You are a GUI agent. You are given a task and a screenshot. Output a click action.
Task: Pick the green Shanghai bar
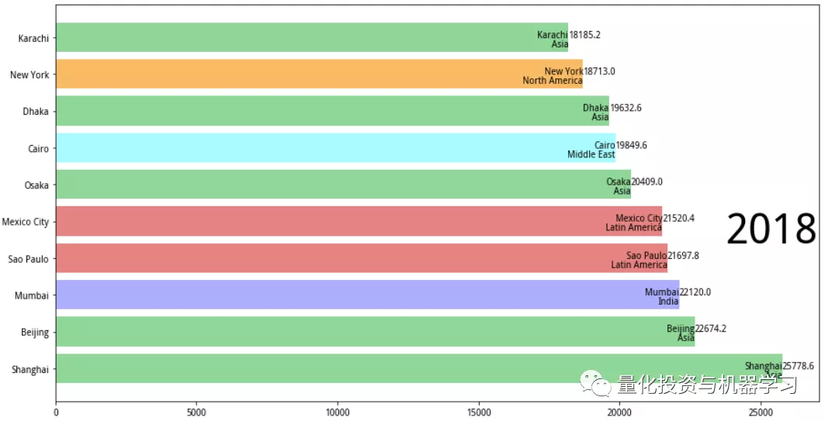pyautogui.click(x=388, y=369)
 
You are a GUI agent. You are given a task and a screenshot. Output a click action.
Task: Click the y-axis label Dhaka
pyautogui.click(x=36, y=112)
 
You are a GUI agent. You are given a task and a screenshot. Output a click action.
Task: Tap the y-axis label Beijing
pyautogui.click(x=35, y=333)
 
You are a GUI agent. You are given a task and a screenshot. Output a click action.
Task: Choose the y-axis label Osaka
pyautogui.click(x=36, y=185)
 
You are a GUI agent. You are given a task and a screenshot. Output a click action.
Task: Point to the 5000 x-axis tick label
pyautogui.click(x=196, y=412)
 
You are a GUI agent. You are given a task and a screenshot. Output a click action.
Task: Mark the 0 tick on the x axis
pyautogui.click(x=56, y=412)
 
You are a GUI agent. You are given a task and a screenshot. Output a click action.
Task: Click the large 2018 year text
pyautogui.click(x=771, y=230)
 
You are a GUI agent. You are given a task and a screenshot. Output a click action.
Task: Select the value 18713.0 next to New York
pyautogui.click(x=599, y=71)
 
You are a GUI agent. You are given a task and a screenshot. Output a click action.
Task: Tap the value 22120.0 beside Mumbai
pyautogui.click(x=695, y=292)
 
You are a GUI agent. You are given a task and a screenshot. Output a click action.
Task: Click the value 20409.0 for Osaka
pyautogui.click(x=646, y=182)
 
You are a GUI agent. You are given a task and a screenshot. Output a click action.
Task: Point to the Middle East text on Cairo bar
pyautogui.click(x=591, y=154)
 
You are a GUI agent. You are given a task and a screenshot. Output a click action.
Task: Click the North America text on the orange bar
pyautogui.click(x=552, y=81)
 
